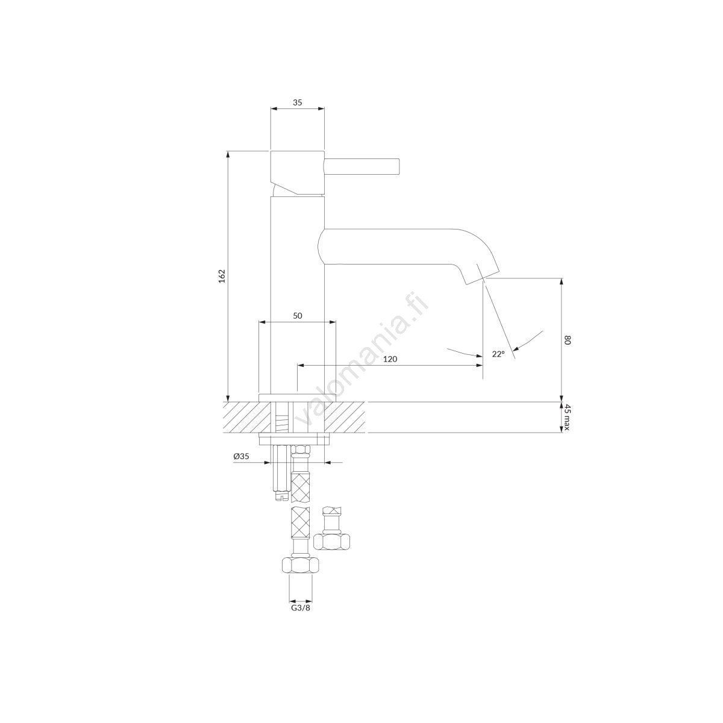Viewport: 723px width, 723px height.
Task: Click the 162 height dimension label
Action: [222, 276]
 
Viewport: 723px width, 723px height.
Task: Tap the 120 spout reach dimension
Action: [390, 359]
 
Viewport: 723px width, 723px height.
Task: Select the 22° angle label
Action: [498, 354]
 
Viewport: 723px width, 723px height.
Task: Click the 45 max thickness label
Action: [566, 418]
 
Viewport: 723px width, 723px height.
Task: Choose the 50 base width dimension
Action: [298, 316]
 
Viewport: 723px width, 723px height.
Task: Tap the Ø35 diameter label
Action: [241, 456]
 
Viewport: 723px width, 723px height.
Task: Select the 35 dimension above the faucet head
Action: [298, 102]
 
